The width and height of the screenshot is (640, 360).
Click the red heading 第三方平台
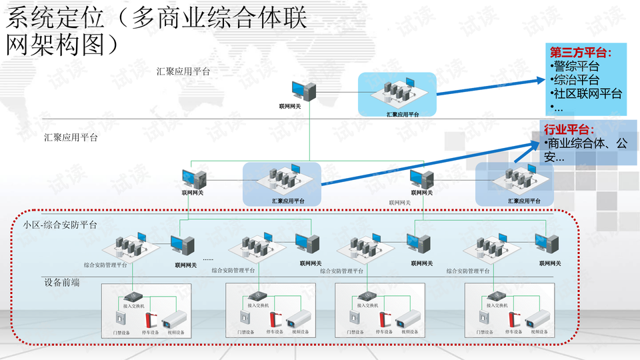coord(579,52)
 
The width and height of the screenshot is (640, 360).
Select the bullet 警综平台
coord(576,66)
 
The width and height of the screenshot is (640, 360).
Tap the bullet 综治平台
coord(576,80)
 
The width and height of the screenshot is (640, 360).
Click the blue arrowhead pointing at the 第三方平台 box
coord(539,81)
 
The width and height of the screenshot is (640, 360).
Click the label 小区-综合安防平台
coord(60,225)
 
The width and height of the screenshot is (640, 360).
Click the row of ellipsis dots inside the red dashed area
coord(207,259)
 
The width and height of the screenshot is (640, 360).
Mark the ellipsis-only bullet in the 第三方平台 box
coord(557,107)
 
